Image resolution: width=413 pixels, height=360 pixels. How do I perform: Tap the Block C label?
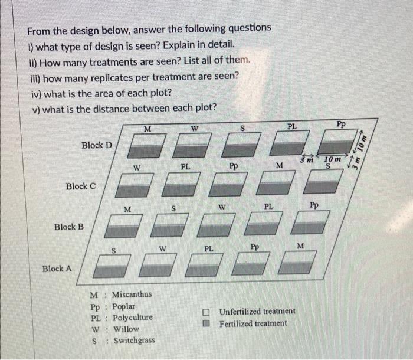[x=81, y=186]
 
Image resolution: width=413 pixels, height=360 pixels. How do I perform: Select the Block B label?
[x=69, y=227]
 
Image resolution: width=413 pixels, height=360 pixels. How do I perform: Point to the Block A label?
[x=57, y=268]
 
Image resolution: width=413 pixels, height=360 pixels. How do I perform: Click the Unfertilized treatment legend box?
[x=206, y=312]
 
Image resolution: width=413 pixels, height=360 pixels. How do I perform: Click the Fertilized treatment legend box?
[x=206, y=323]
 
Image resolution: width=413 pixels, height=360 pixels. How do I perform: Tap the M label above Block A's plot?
[x=301, y=246]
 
